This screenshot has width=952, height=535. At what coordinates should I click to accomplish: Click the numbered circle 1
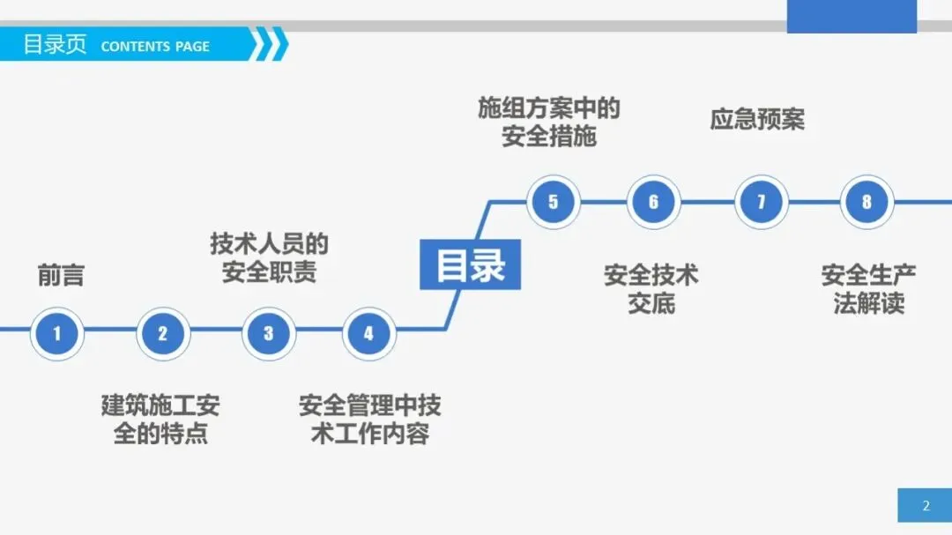tap(57, 334)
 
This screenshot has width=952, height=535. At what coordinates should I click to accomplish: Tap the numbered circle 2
tap(162, 334)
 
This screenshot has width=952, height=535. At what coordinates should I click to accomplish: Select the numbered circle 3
tap(268, 334)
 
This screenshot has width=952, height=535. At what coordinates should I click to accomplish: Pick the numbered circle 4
tap(368, 334)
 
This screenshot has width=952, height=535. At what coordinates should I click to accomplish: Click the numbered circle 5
tap(553, 202)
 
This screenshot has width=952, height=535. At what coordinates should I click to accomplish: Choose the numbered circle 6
tap(653, 202)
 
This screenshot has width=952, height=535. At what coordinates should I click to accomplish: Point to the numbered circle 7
tap(761, 202)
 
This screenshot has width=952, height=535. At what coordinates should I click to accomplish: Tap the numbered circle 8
tap(866, 202)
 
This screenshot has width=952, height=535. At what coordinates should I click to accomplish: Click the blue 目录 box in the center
tap(470, 265)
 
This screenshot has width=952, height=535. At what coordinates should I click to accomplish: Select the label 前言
tap(61, 275)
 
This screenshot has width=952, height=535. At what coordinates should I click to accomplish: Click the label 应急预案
tap(757, 119)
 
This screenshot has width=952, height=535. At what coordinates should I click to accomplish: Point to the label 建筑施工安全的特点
tap(160, 420)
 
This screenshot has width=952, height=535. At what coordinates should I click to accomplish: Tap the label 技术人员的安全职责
tap(269, 256)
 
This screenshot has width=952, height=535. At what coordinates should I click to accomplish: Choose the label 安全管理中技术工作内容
tap(369, 420)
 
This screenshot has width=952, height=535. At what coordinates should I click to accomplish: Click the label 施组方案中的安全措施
tap(549, 122)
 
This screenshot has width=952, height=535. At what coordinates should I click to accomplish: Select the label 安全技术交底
tap(651, 289)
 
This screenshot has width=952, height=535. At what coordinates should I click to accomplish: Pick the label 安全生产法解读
tap(868, 289)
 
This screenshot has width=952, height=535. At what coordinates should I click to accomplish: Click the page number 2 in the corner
tap(926, 506)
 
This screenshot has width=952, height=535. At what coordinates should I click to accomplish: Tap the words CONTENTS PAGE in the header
tap(155, 47)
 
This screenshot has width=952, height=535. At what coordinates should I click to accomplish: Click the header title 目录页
tap(55, 45)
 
